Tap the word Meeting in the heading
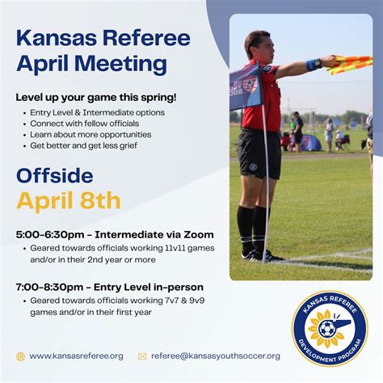click(123, 64)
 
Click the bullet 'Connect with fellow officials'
click(90, 123)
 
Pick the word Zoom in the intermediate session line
click(199, 234)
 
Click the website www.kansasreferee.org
click(76, 356)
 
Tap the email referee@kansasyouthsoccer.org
click(215, 356)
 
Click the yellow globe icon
click(20, 356)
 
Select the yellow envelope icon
click(142, 356)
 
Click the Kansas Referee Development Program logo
click(329, 328)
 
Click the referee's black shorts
click(259, 153)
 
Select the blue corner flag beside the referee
click(245, 86)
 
